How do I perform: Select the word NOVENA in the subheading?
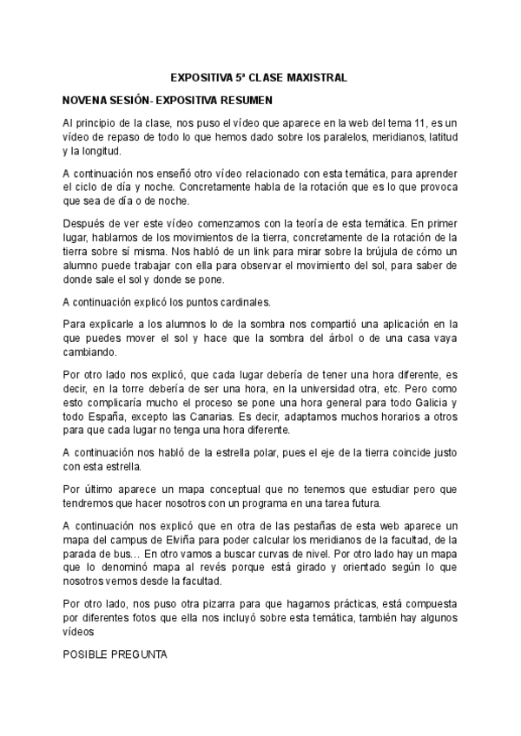point(83,100)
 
